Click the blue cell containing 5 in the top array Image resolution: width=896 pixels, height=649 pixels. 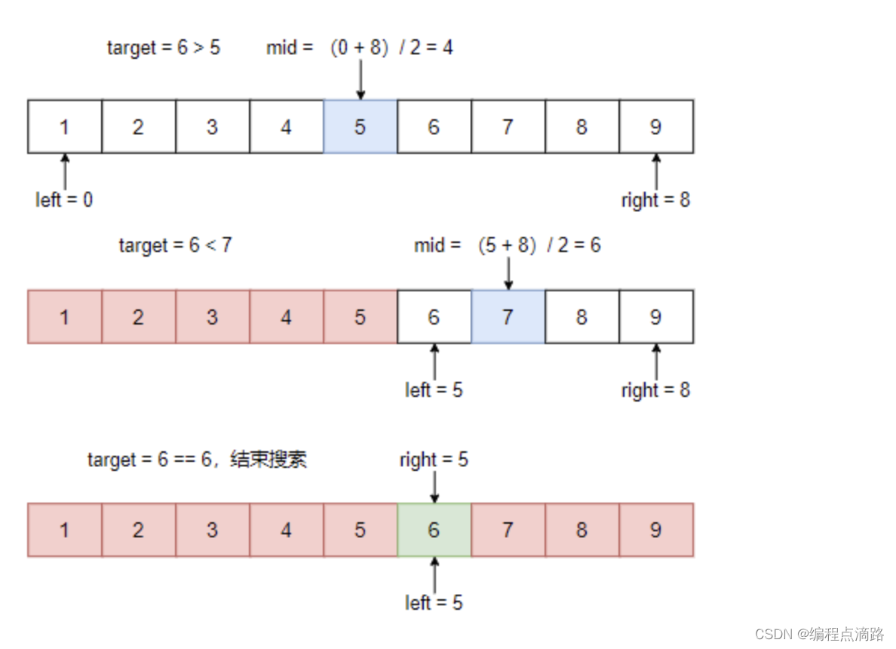(x=360, y=127)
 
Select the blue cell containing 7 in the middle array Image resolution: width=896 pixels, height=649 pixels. (x=508, y=317)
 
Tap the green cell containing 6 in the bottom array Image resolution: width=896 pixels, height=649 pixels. (x=434, y=530)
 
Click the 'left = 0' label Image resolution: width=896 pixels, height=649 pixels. (x=64, y=200)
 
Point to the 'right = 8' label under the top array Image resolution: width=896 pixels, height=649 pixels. (x=655, y=200)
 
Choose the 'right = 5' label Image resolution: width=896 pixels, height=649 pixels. (x=434, y=460)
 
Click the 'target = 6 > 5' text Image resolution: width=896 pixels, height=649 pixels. (x=164, y=48)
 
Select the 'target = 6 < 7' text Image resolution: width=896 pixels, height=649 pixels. (x=175, y=245)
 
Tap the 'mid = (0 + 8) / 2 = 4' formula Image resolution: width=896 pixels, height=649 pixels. (x=360, y=48)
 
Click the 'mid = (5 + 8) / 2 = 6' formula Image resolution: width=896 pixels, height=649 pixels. (x=508, y=245)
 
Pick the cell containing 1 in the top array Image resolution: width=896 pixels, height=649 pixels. (x=64, y=127)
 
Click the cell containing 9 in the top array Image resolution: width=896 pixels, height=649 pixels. (x=655, y=127)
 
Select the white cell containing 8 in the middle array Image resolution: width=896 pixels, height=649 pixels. (x=581, y=317)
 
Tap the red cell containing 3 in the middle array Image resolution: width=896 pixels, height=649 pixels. (x=212, y=317)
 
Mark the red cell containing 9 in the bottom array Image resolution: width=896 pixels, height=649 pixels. (x=655, y=530)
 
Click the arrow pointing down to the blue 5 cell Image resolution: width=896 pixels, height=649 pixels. (x=361, y=80)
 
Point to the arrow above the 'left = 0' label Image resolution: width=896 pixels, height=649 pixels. (x=65, y=171)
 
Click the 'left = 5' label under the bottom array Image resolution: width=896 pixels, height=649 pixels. (x=434, y=603)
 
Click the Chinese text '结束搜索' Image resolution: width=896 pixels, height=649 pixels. (x=268, y=460)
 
